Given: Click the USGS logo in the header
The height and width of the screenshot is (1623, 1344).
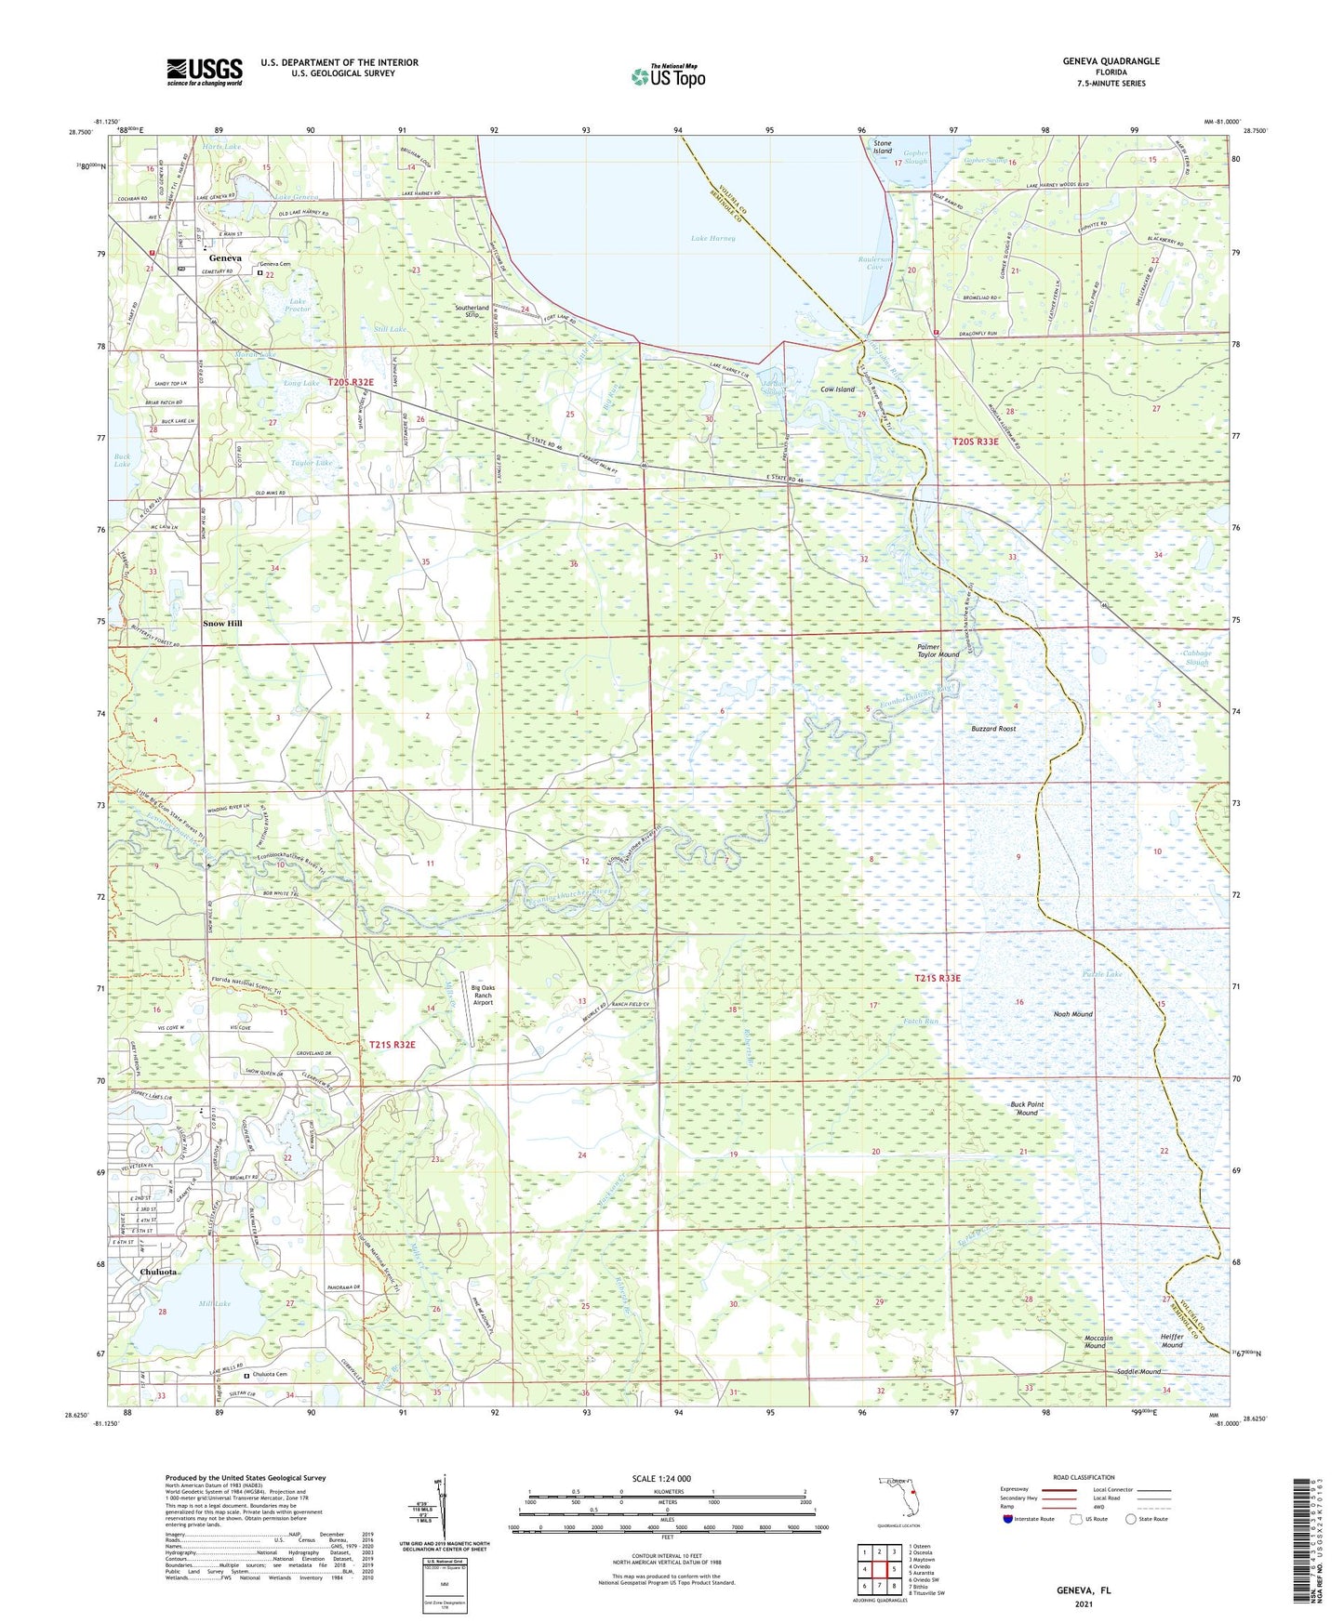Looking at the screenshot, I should click(205, 72).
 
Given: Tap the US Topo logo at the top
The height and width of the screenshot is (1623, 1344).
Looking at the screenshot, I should click(667, 76).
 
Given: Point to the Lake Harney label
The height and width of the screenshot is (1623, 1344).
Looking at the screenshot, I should click(712, 239).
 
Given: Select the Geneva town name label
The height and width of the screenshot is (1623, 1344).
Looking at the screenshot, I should click(225, 258).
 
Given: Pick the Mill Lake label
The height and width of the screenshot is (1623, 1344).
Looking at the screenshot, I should click(214, 1303).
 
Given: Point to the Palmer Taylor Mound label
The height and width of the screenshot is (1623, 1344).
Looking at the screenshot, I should click(938, 650).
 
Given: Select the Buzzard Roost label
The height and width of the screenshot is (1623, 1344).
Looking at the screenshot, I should click(993, 729).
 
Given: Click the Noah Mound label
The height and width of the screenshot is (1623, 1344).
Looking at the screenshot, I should click(1072, 1014).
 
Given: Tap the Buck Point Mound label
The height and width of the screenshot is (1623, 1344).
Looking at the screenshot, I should click(1027, 1108).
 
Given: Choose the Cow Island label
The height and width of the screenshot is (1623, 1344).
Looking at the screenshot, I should click(837, 389).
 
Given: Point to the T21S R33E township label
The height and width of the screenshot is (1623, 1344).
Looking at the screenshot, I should click(937, 978).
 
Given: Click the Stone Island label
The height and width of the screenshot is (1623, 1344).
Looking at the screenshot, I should click(882, 147).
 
